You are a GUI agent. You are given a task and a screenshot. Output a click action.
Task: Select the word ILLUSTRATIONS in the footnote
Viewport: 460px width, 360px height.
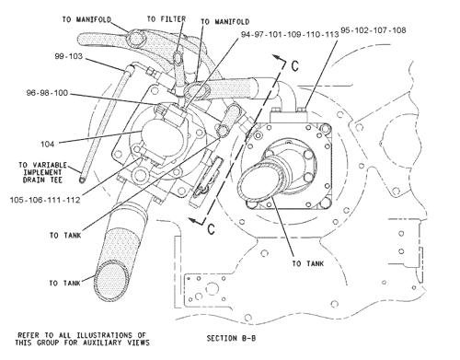tap(109, 334)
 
